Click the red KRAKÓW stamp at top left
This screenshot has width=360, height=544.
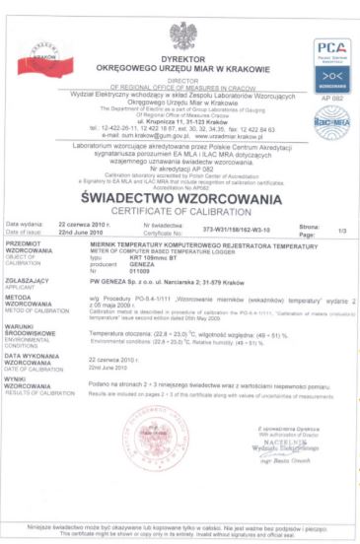pyautogui.click(x=41, y=56)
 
